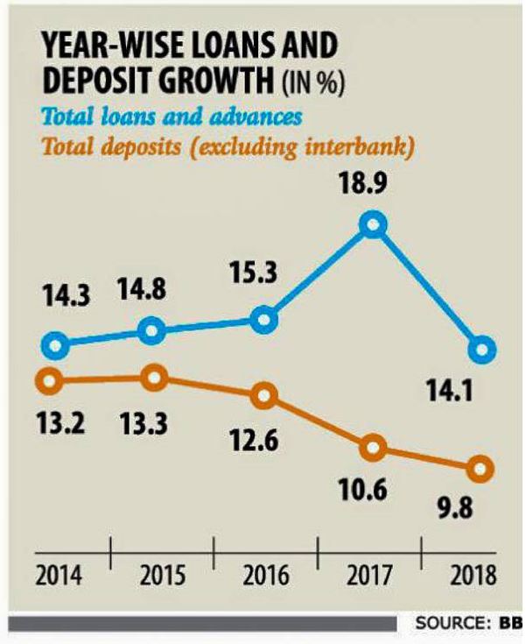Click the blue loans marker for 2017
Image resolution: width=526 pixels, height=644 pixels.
click(x=373, y=225)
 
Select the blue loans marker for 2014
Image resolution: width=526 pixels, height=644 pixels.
click(x=55, y=345)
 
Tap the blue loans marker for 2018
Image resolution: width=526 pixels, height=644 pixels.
click(x=481, y=350)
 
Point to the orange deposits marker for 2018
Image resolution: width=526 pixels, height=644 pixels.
click(x=479, y=469)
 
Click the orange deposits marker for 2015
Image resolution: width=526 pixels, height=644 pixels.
click(x=154, y=379)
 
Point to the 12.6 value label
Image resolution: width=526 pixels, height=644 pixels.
click(x=256, y=440)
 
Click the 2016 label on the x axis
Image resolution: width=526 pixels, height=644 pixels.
click(x=266, y=577)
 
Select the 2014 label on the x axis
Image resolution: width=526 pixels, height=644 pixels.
click(x=59, y=577)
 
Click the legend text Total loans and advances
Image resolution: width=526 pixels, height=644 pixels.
click(x=161, y=117)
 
